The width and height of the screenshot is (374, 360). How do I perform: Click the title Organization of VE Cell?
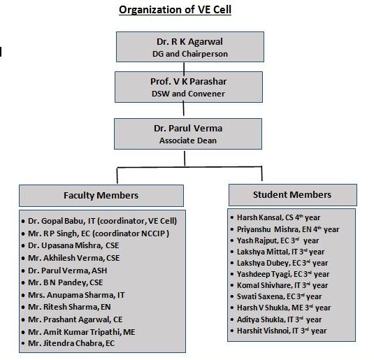[175, 10]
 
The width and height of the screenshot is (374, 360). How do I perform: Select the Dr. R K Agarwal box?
[190, 47]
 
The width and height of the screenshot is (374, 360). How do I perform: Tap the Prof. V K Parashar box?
[189, 87]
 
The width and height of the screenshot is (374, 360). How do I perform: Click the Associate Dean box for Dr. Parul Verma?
[188, 134]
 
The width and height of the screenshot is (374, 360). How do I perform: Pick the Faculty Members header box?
[101, 196]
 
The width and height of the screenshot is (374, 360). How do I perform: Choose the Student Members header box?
[293, 195]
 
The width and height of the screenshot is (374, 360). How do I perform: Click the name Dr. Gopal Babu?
[56, 221]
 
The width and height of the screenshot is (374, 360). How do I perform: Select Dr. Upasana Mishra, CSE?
[73, 245]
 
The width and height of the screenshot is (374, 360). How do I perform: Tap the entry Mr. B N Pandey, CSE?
[66, 282]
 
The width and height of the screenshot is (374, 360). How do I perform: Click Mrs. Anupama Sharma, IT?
[76, 295]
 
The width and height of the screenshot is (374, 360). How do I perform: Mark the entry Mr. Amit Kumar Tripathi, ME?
[82, 332]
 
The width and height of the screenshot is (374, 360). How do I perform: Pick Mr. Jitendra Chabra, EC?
[71, 343]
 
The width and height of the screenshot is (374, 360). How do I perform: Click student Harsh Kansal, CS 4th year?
[279, 217]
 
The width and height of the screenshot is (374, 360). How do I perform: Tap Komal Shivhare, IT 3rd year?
[282, 285]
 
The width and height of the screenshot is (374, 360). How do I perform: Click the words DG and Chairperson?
[190, 54]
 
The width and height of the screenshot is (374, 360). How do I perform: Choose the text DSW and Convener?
[188, 94]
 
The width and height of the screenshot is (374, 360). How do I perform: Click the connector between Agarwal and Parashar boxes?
[184, 67]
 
